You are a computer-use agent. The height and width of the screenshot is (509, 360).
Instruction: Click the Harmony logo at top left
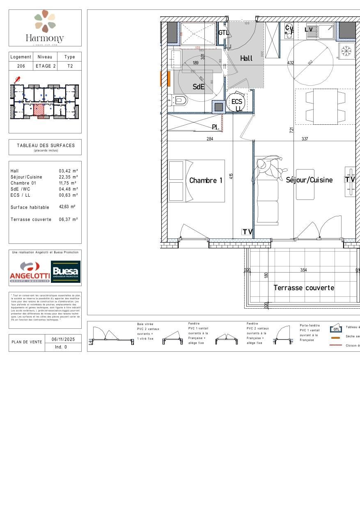click(45, 28)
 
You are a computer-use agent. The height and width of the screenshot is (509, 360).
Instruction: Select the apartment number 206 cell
click(21, 66)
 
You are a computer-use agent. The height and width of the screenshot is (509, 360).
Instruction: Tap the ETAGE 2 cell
click(46, 66)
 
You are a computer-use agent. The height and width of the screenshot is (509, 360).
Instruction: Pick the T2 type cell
click(70, 66)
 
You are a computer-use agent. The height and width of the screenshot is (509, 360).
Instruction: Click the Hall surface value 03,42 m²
click(68, 171)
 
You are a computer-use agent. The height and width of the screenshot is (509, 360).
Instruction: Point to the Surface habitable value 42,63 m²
click(67, 207)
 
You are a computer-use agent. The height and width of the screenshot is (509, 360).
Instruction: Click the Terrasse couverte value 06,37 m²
click(68, 219)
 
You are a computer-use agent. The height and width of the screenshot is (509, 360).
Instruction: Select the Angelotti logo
click(30, 272)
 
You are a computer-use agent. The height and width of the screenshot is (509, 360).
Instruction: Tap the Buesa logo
click(66, 272)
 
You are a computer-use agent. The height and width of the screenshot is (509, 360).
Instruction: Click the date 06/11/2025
click(61, 339)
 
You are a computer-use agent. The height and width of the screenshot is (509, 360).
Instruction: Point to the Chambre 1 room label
click(206, 180)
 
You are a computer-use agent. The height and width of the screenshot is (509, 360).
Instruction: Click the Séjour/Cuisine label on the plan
click(309, 180)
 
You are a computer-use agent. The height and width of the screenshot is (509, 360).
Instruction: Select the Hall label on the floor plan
click(246, 58)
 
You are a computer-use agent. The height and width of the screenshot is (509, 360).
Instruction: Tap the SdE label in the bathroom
click(199, 87)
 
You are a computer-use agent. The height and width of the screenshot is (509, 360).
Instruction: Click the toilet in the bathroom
click(179, 100)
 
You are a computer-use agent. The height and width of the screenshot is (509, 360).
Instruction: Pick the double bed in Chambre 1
click(197, 181)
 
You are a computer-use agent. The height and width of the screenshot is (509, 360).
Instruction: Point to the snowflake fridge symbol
click(347, 51)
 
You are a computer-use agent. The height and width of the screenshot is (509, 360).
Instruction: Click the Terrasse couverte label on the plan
click(304, 288)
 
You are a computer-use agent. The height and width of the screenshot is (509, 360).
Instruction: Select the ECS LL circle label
click(237, 104)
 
